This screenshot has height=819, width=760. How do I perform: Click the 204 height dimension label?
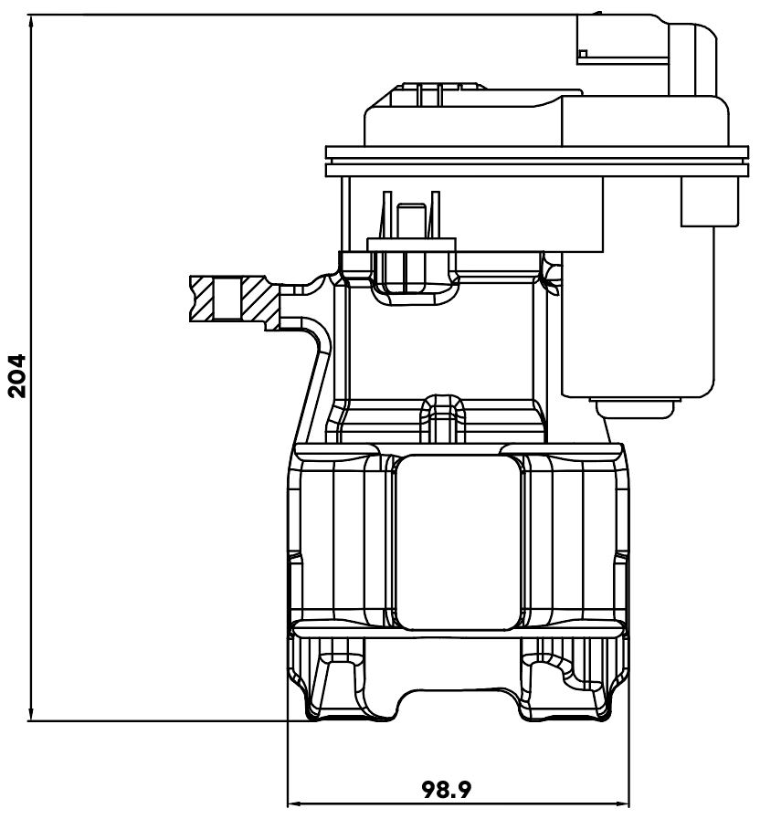pos(17,376)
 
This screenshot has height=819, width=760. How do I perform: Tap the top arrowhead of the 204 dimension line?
pos(31,21)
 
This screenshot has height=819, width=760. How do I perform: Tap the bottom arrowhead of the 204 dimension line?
pos(31,715)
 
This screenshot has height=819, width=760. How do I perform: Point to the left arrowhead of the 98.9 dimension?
pos(295,803)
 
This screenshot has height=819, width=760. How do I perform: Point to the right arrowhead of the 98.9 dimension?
pos(623,803)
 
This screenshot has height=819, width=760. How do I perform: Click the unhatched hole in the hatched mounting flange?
pos(227,299)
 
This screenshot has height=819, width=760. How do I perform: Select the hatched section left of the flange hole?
pos(202,299)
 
